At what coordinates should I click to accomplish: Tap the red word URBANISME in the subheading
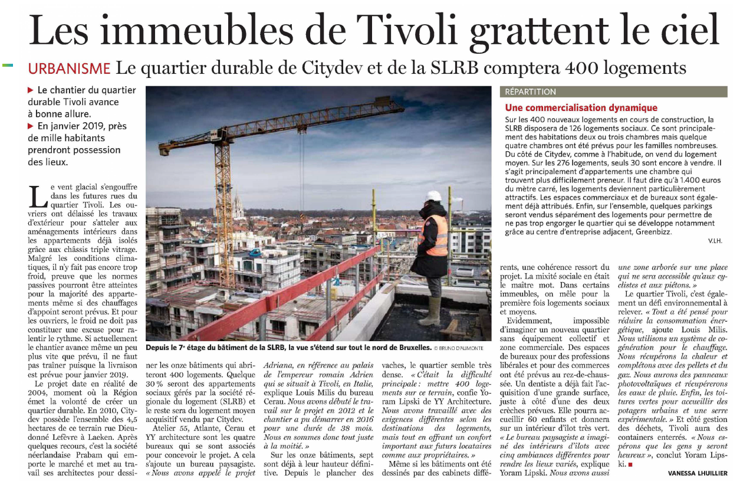click(70, 68)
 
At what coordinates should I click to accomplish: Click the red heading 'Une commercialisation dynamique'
click(581, 108)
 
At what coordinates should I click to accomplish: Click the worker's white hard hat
click(434, 196)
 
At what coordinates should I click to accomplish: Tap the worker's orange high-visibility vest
click(437, 235)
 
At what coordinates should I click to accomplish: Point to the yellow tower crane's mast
click(223, 189)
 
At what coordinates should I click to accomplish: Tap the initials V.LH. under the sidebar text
click(715, 241)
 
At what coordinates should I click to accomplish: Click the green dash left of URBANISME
click(8, 65)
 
